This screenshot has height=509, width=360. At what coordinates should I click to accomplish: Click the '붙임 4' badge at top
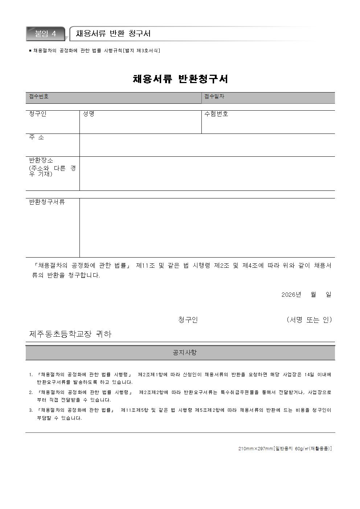tap(46, 34)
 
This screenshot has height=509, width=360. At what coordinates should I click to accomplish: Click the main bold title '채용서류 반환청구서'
tap(180, 79)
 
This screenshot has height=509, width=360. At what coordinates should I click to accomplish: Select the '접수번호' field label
tap(39, 97)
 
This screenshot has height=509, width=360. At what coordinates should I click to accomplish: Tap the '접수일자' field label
tap(214, 97)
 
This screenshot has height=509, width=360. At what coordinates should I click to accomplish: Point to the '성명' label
tap(89, 114)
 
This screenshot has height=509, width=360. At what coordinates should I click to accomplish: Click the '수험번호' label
tap(216, 114)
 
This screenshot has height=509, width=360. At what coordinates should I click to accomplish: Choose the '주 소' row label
tap(36, 137)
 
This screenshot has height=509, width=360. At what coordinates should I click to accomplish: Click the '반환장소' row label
tap(41, 160)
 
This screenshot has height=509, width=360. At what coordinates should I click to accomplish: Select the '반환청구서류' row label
tap(47, 202)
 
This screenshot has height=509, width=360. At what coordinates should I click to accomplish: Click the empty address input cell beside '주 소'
tap(207, 145)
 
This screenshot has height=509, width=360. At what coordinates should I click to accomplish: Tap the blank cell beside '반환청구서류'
tap(207, 227)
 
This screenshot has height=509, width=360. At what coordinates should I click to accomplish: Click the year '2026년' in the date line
tap(291, 295)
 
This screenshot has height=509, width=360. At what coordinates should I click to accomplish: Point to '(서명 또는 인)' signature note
tap(309, 320)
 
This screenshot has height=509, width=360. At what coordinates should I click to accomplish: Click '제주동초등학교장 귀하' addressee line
tap(70, 334)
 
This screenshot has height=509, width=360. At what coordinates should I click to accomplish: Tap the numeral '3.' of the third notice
tap(31, 410)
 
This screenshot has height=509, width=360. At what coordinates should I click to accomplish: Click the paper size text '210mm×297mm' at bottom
tap(255, 449)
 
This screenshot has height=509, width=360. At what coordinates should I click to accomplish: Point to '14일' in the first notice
tap(310, 374)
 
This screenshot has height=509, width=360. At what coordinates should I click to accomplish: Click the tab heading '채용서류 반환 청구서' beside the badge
tap(113, 34)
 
